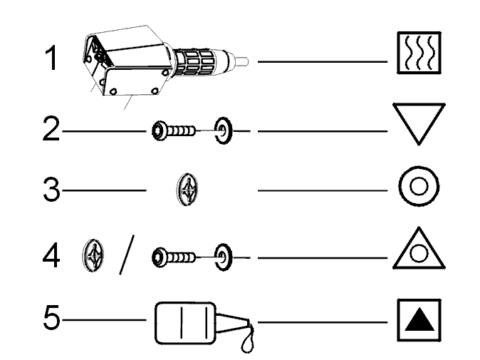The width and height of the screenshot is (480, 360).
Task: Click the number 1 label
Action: [51, 58]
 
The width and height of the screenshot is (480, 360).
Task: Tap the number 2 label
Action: [51, 129]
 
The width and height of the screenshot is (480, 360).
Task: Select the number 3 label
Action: [51, 189]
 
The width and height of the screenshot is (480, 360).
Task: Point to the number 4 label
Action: [51, 255]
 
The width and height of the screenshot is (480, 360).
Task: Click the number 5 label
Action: [51, 318]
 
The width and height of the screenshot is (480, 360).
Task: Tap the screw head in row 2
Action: [159, 131]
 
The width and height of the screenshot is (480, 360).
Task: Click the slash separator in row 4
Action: [127, 255]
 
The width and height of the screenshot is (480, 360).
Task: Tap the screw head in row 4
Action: [159, 257]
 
